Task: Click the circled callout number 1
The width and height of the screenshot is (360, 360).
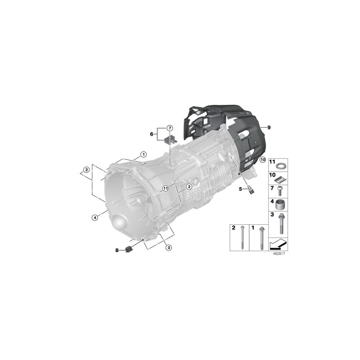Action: pyautogui.click(x=143, y=154)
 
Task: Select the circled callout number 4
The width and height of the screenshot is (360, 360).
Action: pyautogui.click(x=94, y=218)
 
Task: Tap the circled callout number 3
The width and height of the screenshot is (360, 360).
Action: pyautogui.click(x=169, y=248)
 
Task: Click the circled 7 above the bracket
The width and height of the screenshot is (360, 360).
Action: pyautogui.click(x=170, y=128)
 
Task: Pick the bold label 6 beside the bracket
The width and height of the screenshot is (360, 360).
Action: pyautogui.click(x=152, y=134)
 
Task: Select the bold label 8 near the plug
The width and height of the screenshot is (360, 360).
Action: pyautogui.click(x=117, y=250)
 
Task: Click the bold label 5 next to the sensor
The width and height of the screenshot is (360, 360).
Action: pyautogui.click(x=240, y=189)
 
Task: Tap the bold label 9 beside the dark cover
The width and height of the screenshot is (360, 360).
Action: pyautogui.click(x=269, y=127)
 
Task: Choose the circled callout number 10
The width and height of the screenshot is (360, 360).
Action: pyautogui.click(x=262, y=159)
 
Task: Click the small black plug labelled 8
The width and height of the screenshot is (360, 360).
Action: pyautogui.click(x=129, y=250)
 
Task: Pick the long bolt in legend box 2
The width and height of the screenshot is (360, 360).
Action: pyautogui.click(x=243, y=238)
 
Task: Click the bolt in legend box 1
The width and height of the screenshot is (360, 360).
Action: pyautogui.click(x=261, y=238)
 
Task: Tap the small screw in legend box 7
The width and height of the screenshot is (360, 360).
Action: pyautogui.click(x=279, y=190)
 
